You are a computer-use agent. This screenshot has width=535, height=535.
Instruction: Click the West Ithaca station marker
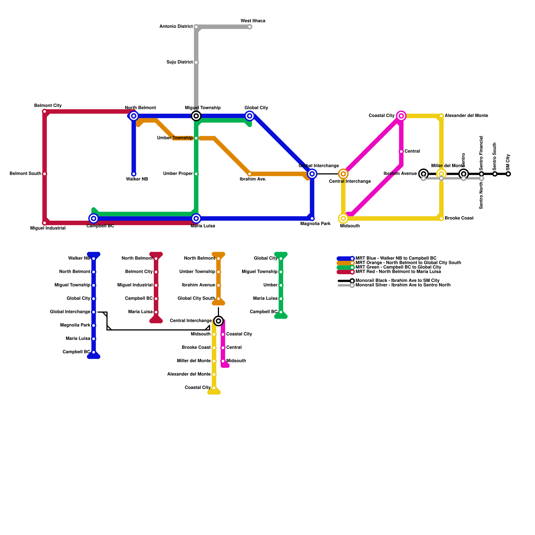pos(250,27)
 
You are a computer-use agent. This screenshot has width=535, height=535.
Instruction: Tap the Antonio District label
pos(176,26)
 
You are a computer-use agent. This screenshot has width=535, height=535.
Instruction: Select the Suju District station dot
pos(196,63)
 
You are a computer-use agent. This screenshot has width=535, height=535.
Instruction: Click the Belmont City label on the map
pos(48,106)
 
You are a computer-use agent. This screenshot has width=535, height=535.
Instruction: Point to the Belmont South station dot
pos(44,174)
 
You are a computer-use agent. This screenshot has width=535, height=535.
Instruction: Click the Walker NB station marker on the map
pos(134,174)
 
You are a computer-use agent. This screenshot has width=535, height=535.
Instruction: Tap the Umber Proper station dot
pos(196,174)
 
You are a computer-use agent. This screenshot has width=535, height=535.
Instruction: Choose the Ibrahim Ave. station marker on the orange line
pos(249,174)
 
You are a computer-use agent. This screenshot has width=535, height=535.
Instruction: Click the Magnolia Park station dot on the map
pos(312,219)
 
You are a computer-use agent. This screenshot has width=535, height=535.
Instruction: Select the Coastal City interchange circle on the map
pos(401,116)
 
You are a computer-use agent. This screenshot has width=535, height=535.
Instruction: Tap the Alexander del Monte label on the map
pos(466,116)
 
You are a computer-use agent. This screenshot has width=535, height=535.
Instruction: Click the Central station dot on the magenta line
pos(401,152)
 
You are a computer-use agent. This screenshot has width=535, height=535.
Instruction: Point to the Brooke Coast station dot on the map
pos(441,219)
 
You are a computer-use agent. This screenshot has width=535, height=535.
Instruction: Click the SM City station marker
pos(508,174)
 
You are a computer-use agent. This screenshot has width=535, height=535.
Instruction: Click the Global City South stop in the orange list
pos(218,299)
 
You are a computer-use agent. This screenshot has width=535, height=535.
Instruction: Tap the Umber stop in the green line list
pos(281,285)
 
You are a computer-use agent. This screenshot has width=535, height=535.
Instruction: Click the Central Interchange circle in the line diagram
pos(218,321)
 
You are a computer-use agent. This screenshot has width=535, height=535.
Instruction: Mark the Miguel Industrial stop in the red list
pos(156,285)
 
